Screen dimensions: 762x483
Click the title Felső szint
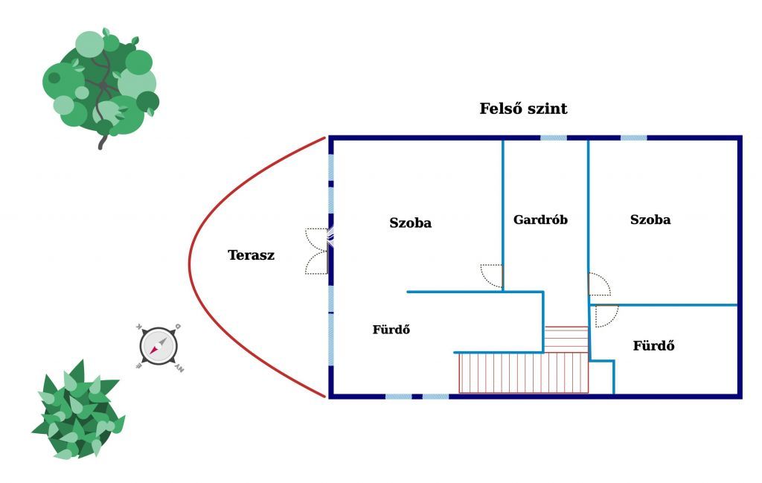pyautogui.click(x=523, y=109)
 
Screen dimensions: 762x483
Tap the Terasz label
pyautogui.click(x=252, y=255)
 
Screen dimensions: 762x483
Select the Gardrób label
pyautogui.click(x=540, y=220)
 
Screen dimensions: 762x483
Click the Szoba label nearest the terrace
pyautogui.click(x=410, y=223)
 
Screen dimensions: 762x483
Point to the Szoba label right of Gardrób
pyautogui.click(x=650, y=220)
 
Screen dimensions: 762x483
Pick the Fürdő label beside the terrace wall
pyautogui.click(x=391, y=330)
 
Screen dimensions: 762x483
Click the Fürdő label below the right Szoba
pyautogui.click(x=653, y=345)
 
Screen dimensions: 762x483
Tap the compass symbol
pyautogui.click(x=159, y=347)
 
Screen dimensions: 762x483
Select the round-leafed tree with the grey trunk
pyautogui.click(x=101, y=85)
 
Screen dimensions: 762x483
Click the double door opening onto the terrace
pyautogui.click(x=318, y=252)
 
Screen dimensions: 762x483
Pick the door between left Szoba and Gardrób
pyautogui.click(x=491, y=275)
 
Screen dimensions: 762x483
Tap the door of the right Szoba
pyautogui.click(x=599, y=284)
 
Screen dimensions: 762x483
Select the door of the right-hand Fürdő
pyautogui.click(x=606, y=316)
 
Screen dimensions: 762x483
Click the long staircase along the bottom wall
pyautogui.click(x=523, y=373)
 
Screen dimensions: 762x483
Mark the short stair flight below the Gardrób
pyautogui.click(x=566, y=339)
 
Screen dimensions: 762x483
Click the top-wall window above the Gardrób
pyautogui.click(x=554, y=138)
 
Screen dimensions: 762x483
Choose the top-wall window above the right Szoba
pyautogui.click(x=634, y=138)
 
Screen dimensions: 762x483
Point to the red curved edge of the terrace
pyautogui.click(x=189, y=265)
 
